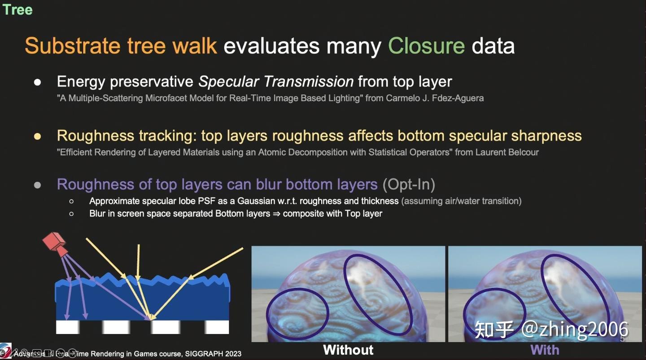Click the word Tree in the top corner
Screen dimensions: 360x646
[17, 9]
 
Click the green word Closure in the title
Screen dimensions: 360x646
[426, 46]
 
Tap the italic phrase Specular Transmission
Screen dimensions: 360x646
[276, 81]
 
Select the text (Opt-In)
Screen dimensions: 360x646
[409, 184]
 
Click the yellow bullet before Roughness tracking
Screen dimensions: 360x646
[38, 136]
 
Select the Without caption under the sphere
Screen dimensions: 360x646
[348, 350]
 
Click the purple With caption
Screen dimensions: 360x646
[545, 350]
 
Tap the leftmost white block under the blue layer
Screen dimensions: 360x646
[68, 327]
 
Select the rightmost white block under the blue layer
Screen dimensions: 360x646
[217, 327]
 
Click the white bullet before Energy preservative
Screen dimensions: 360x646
[38, 82]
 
